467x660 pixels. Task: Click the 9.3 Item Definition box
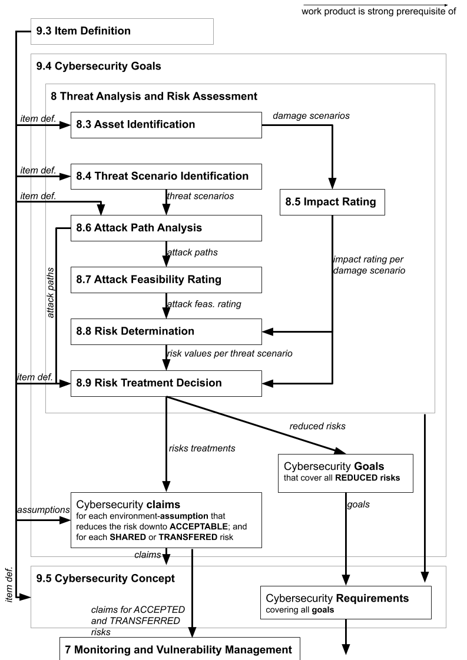[x=122, y=32]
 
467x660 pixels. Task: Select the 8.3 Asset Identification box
[x=166, y=125]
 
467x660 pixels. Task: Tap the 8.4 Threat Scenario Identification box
[x=166, y=177]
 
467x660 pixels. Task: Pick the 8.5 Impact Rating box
[x=332, y=203]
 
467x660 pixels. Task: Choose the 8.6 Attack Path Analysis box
[x=166, y=228]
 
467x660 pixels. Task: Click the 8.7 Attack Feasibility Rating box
[x=166, y=280]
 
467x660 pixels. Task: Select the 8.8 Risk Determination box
[x=166, y=331]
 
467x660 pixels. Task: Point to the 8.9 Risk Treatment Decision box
[x=166, y=383]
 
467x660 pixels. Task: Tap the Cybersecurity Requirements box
[x=346, y=603]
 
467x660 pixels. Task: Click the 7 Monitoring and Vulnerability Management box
[x=180, y=649]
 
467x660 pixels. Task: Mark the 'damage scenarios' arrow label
[x=311, y=116]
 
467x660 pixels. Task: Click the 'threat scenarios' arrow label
[x=200, y=196]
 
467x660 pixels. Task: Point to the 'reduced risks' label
[x=317, y=426]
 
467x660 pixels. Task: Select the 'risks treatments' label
[x=202, y=448]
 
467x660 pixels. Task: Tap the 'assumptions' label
[x=44, y=510]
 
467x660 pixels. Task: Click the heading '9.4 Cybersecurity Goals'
[x=98, y=66]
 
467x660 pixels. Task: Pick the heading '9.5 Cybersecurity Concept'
[x=105, y=578]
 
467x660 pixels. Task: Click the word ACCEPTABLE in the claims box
[x=198, y=526]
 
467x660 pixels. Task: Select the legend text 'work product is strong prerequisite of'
[x=379, y=11]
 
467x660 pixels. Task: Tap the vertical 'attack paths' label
[x=51, y=293]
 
